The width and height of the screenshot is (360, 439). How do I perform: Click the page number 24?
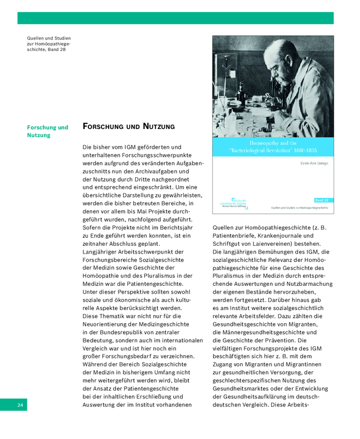tap(20, 405)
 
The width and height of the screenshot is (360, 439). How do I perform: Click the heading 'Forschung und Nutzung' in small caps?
tap(128, 127)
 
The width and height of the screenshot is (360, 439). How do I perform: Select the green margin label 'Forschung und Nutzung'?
tap(48, 131)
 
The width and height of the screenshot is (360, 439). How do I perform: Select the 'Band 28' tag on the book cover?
tap(322, 200)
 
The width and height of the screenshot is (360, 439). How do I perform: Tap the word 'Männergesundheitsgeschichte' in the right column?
tap(262, 333)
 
